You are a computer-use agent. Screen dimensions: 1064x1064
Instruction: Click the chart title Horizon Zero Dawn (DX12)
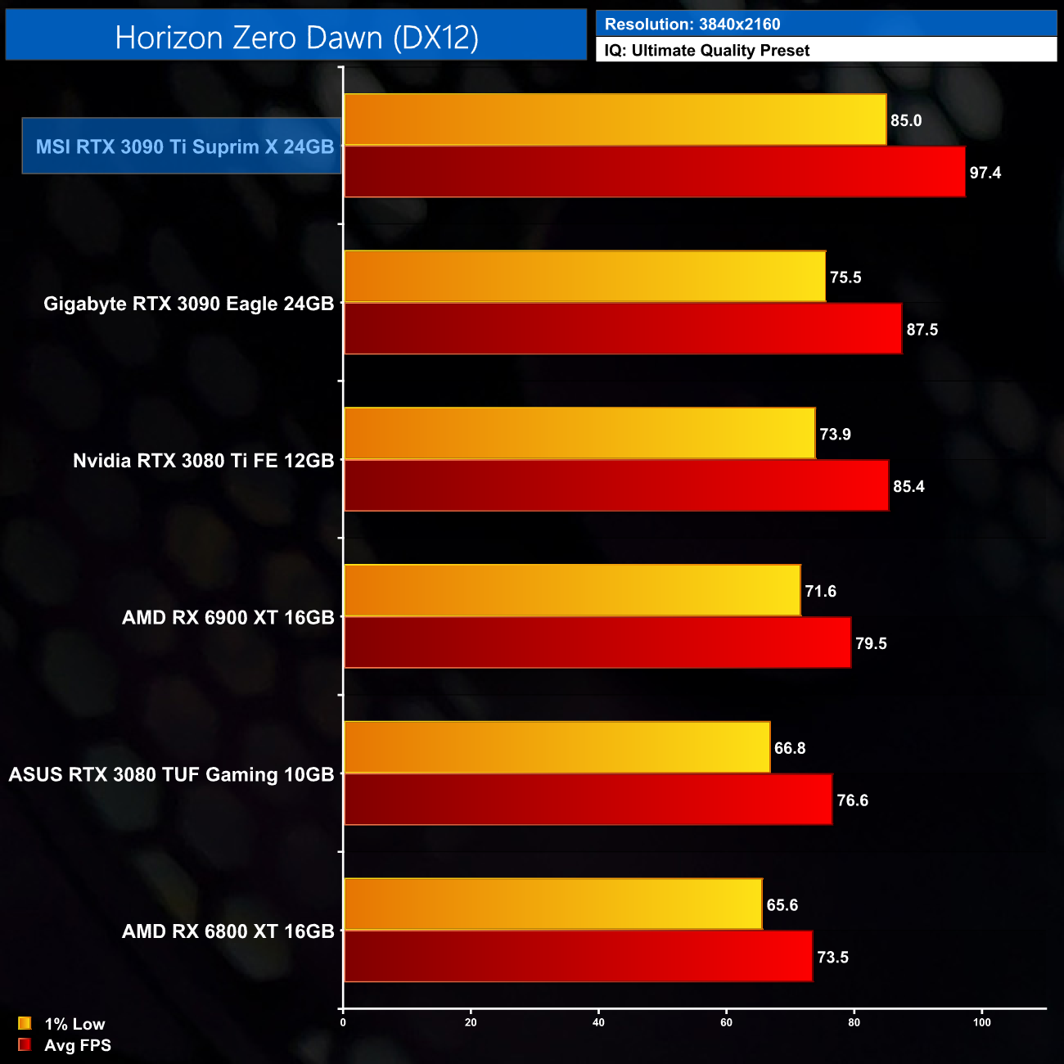coord(296,38)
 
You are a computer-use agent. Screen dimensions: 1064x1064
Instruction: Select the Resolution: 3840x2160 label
coord(692,25)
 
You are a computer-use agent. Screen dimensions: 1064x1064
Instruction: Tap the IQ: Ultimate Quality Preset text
coord(707,51)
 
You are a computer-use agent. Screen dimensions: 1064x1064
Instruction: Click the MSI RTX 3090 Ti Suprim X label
coord(185,147)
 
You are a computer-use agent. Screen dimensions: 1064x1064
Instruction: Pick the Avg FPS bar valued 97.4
coord(654,173)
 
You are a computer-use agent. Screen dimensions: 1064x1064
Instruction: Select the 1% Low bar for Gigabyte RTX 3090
coord(584,277)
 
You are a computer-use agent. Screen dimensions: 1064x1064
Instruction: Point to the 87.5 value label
coord(922,330)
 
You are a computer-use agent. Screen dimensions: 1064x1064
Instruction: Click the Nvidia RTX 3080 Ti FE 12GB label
coord(204,461)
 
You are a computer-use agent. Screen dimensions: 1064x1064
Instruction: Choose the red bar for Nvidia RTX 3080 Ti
coord(615,486)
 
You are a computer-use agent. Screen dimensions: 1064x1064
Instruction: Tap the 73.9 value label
coord(836,435)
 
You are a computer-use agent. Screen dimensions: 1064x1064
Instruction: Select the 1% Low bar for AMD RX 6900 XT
coord(572,591)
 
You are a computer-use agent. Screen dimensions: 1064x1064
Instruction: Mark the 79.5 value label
coord(872,644)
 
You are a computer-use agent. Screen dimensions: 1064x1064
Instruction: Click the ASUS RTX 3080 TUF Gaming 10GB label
coord(172,774)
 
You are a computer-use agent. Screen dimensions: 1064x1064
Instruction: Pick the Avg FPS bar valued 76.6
coord(588,800)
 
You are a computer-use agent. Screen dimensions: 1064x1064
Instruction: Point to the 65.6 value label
coord(782,905)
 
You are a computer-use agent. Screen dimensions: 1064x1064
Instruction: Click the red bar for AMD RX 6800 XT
coord(578,957)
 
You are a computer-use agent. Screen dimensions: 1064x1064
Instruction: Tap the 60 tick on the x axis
coord(726,1022)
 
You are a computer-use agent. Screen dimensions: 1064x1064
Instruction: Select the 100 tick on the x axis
coord(981,1022)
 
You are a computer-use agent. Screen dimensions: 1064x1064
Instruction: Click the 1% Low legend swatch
coord(25,1023)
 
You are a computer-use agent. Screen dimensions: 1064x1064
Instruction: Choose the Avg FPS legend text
coord(78,1045)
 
